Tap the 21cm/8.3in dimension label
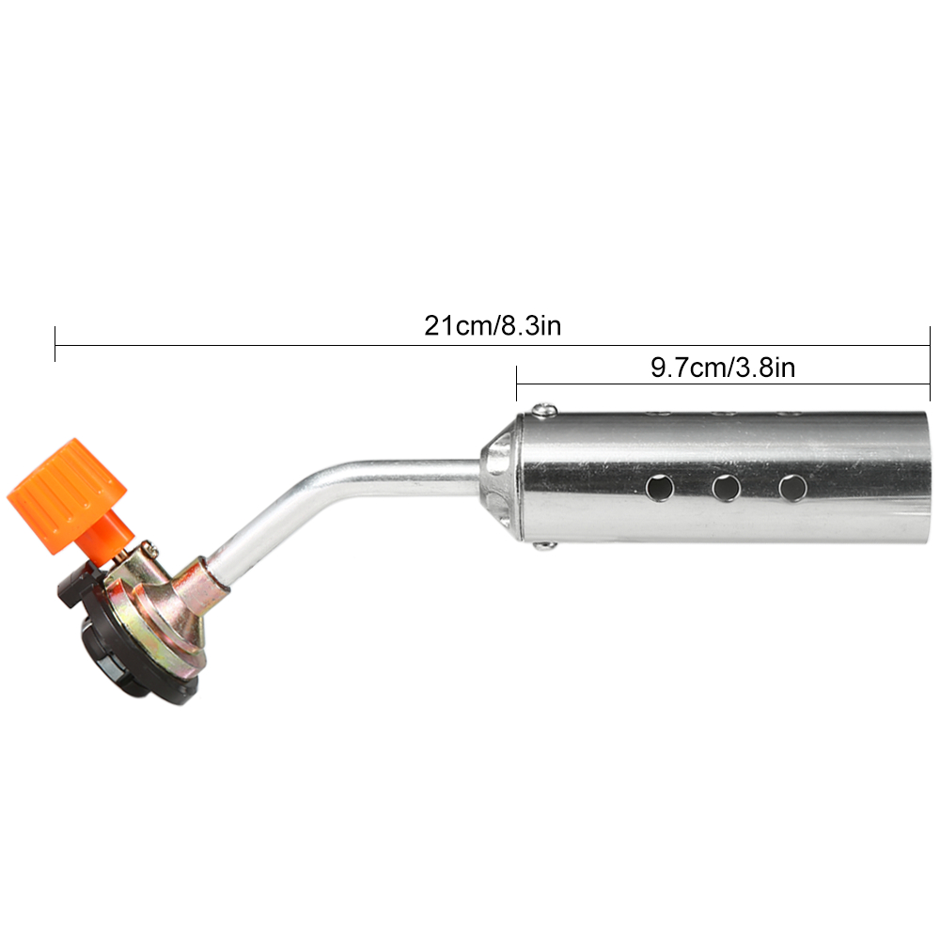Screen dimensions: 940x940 click(x=493, y=326)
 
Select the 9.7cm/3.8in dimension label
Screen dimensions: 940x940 click(x=723, y=368)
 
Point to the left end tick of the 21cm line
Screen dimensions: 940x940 click(x=55, y=344)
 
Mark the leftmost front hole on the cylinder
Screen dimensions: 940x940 click(x=661, y=487)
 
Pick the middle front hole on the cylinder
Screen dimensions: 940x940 click(x=725, y=487)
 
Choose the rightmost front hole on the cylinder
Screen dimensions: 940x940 click(x=792, y=487)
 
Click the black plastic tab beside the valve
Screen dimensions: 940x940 click(x=75, y=587)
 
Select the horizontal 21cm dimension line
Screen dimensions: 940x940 click(x=282, y=345)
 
